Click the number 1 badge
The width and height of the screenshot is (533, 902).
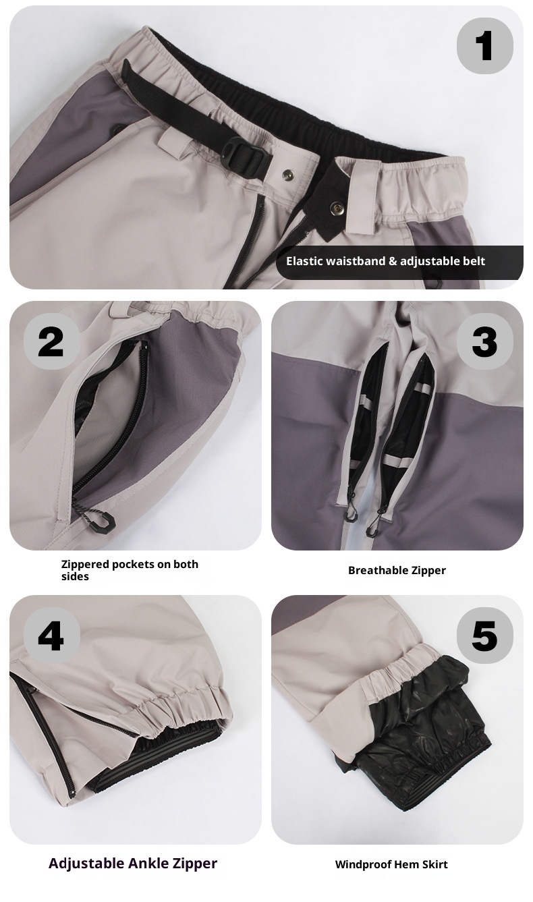click(x=484, y=45)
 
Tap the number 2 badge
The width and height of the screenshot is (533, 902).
click(x=51, y=341)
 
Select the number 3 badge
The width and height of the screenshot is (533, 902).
click(x=484, y=341)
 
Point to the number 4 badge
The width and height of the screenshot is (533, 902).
click(x=51, y=636)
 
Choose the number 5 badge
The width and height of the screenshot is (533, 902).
click(x=484, y=636)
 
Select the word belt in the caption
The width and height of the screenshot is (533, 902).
click(x=472, y=261)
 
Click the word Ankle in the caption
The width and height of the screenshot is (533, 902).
click(x=150, y=863)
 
